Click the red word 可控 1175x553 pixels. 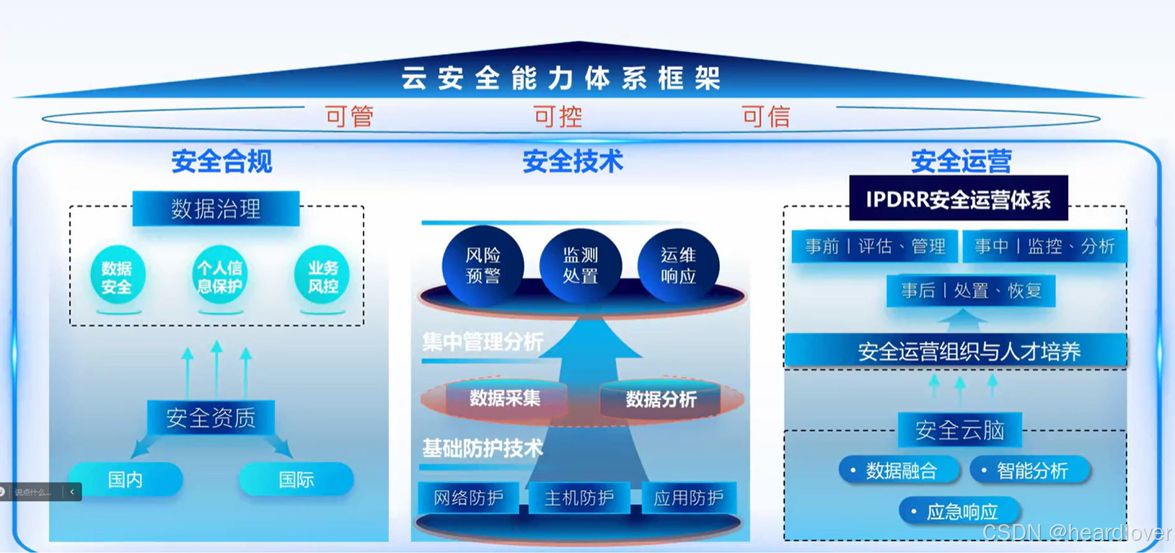point(558,116)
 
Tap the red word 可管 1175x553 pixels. point(349,116)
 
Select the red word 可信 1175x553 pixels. point(766,116)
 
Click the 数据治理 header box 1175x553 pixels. point(216,209)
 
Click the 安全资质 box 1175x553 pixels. point(211,417)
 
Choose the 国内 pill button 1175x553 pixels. point(126,479)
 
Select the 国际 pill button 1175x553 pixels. point(296,479)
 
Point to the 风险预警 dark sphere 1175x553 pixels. point(483,265)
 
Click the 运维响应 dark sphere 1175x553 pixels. point(678,265)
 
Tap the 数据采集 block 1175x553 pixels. point(505,399)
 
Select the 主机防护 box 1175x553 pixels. point(579,497)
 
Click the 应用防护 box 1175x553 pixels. point(688,497)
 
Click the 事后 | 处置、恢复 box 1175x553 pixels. point(971,291)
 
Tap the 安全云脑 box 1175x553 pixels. point(959,430)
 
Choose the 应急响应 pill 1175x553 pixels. point(960,512)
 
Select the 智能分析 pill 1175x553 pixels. point(1030,471)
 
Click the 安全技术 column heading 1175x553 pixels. point(573,162)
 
